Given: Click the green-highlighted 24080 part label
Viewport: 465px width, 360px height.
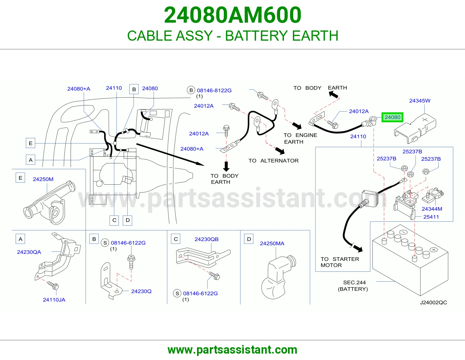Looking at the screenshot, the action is [x=392, y=117].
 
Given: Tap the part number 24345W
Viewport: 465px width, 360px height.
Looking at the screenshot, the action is [x=420, y=101].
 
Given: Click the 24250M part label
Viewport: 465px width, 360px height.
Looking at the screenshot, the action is [x=43, y=179].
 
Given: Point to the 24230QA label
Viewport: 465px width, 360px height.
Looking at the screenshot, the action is [x=29, y=252].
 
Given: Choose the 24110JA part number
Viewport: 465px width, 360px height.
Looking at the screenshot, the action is [x=54, y=300].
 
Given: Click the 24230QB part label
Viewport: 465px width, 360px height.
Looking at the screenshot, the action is [x=207, y=239].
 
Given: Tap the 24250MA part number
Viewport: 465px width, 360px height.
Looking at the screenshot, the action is [x=272, y=244].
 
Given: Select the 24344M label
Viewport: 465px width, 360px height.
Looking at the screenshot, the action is [x=432, y=209].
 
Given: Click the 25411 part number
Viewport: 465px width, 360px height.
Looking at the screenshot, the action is [x=431, y=217].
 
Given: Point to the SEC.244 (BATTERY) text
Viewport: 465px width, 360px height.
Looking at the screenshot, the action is [x=353, y=286].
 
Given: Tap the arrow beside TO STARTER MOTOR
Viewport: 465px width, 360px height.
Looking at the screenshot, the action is [x=357, y=248].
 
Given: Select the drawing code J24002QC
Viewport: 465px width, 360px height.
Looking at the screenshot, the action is [x=433, y=303].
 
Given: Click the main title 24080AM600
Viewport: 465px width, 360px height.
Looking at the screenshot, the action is [x=233, y=15].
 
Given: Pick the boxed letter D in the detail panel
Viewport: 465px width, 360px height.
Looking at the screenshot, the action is [x=249, y=239].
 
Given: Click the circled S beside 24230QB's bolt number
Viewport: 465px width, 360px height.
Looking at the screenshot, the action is [x=177, y=294].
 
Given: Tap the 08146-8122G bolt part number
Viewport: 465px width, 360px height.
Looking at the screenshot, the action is [x=214, y=90].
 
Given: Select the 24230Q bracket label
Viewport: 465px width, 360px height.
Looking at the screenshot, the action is [x=141, y=291].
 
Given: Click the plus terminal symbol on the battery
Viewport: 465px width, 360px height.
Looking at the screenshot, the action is [x=434, y=250].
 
